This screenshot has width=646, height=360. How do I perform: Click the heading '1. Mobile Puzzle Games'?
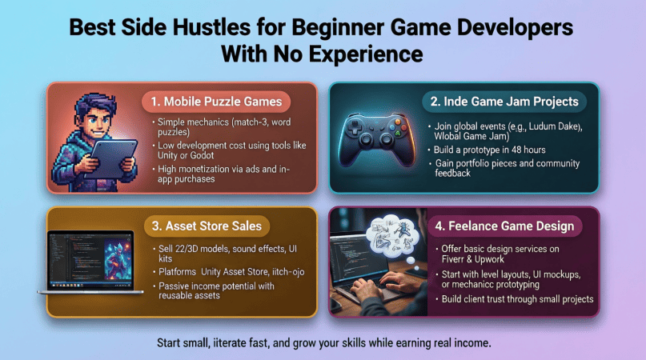tap(216, 102)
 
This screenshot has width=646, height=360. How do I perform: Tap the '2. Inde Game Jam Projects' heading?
tap(504, 102)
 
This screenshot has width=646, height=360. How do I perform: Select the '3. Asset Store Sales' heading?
tap(207, 226)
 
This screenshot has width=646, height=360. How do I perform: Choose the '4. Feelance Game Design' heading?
tap(504, 226)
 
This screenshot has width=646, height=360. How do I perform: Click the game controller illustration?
tap(376, 139)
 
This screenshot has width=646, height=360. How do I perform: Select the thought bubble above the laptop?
tap(392, 237)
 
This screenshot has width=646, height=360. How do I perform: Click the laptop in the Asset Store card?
tap(90, 262)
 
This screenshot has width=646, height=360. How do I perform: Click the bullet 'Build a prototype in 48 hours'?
tap(489, 150)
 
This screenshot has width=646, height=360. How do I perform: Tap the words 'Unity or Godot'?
tap(186, 156)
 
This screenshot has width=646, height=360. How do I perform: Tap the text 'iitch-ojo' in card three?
tap(288, 272)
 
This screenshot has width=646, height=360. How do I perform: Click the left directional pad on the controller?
tap(354, 127)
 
